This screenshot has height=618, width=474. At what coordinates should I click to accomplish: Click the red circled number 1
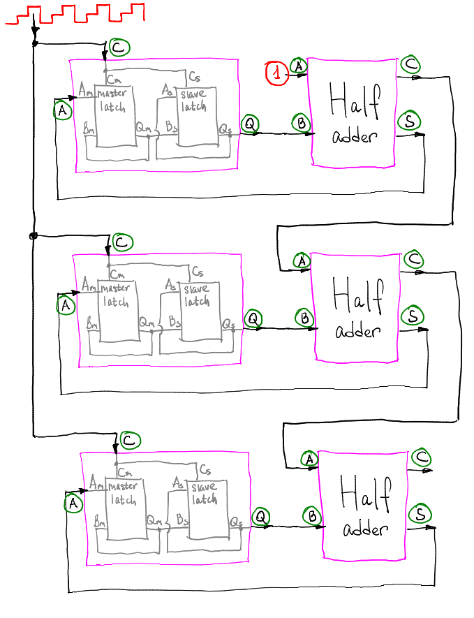click(277, 73)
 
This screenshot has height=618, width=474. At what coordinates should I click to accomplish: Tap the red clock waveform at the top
click(75, 14)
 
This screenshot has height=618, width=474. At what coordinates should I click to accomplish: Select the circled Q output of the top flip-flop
click(250, 124)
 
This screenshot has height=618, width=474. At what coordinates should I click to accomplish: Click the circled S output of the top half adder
click(410, 121)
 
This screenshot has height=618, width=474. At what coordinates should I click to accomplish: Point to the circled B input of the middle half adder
click(304, 318)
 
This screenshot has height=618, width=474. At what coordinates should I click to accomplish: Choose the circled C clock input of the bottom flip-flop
click(130, 440)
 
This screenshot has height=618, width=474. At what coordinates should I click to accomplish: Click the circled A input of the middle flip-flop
click(66, 305)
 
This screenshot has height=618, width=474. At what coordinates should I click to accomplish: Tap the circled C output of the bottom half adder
click(422, 457)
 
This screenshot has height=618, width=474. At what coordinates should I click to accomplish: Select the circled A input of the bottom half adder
click(310, 459)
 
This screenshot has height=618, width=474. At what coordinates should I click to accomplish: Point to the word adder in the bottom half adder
click(365, 529)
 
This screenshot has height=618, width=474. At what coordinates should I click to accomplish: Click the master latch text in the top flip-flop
click(112, 101)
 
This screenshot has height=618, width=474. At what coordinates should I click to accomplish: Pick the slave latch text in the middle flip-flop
click(197, 295)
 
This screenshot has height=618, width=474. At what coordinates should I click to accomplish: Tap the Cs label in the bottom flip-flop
click(205, 469)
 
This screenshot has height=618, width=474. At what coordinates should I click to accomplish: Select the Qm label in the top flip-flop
click(143, 127)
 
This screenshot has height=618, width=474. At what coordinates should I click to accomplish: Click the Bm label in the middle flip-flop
click(92, 323)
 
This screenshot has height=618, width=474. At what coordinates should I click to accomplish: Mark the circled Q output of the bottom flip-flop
click(261, 517)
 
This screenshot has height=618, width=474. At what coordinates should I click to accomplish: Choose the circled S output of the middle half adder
click(413, 316)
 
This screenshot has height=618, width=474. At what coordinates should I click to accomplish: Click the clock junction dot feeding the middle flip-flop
click(34, 236)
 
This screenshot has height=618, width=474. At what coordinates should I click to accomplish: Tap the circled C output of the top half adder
click(410, 64)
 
